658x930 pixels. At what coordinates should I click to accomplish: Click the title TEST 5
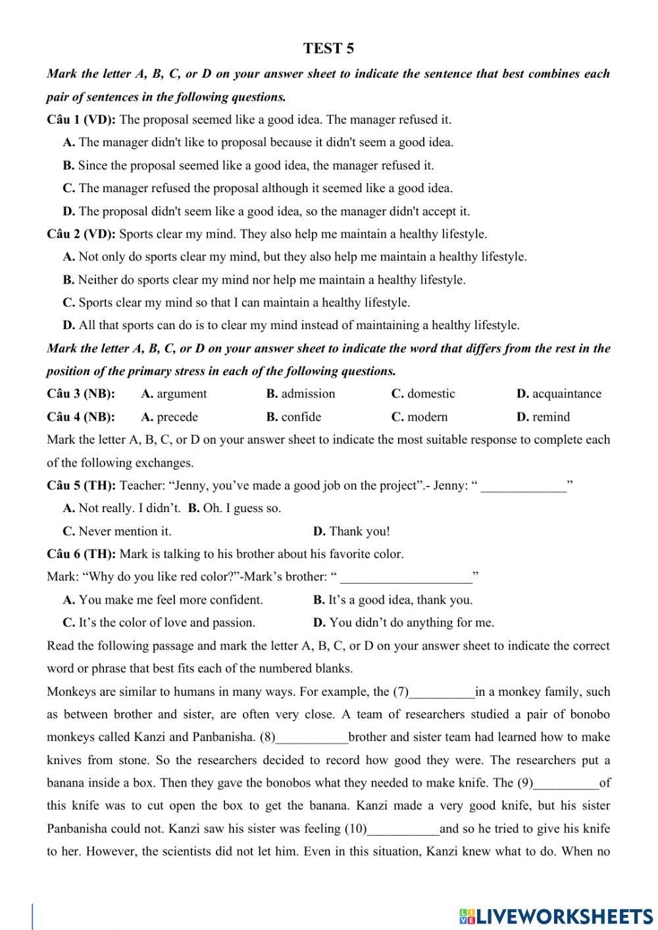(328, 48)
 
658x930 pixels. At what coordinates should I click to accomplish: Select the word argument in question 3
(182, 394)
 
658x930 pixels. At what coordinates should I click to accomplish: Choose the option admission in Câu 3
(308, 394)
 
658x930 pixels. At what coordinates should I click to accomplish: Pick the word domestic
(431, 394)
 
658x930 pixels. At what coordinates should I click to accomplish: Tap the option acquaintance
(567, 394)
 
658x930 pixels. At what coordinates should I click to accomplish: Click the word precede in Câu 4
(177, 417)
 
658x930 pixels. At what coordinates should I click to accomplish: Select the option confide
(301, 417)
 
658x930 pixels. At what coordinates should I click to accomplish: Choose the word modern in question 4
(427, 417)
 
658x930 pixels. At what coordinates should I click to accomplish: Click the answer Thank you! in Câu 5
(359, 531)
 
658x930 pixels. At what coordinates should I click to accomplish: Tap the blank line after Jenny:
(523, 487)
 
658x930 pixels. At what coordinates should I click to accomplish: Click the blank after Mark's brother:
(406, 578)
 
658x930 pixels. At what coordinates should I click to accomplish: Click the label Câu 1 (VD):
(81, 119)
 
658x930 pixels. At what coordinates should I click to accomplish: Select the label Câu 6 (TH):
(81, 554)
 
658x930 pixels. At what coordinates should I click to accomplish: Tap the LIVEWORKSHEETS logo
(556, 916)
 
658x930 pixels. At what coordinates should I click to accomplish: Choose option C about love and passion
(166, 622)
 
